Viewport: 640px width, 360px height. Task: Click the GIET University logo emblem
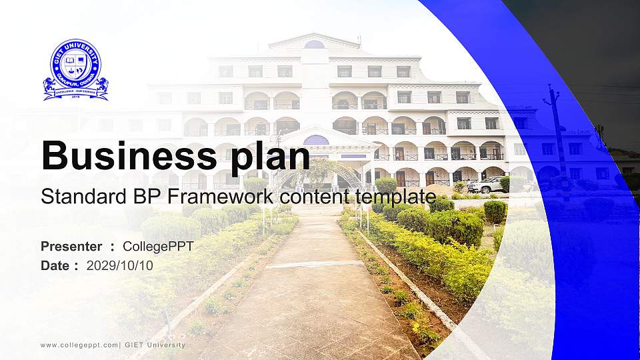pos(75,69)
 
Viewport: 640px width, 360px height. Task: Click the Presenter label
pos(71,247)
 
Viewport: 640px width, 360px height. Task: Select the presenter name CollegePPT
pos(158,247)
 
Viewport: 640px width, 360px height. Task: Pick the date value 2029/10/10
pos(120,265)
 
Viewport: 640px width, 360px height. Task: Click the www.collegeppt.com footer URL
pos(79,345)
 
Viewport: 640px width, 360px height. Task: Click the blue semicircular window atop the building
pos(315,45)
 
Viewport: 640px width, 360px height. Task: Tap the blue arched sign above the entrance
pos(316,140)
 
